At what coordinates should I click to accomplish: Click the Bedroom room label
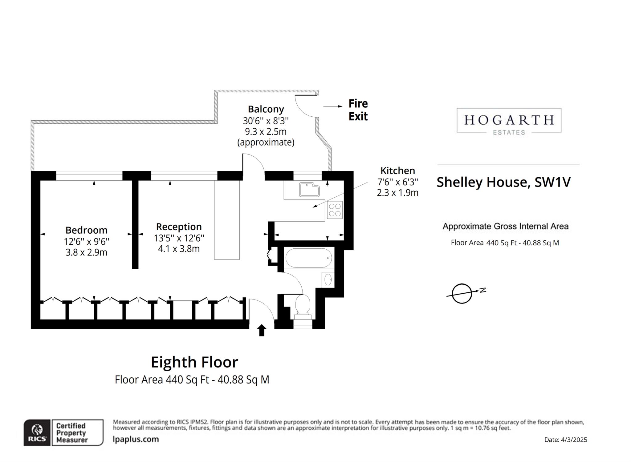[86, 230]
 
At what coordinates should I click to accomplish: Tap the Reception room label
[179, 227]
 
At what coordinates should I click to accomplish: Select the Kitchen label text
[397, 171]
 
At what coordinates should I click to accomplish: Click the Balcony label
[266, 109]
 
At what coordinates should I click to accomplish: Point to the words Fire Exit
[358, 110]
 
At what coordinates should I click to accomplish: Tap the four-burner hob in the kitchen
[335, 209]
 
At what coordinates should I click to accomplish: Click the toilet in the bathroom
[303, 305]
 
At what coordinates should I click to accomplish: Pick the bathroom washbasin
[328, 280]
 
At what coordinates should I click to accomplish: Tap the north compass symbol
[462, 293]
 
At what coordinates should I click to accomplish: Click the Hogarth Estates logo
[509, 121]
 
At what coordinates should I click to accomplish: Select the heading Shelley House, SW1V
[503, 182]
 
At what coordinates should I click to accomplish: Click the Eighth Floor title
[194, 362]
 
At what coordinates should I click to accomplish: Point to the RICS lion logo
[37, 432]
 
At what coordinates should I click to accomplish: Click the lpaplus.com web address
[136, 439]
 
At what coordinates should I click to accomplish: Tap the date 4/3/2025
[565, 440]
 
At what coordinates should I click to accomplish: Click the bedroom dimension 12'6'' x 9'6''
[86, 241]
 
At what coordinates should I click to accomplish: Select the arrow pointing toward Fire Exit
[332, 106]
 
